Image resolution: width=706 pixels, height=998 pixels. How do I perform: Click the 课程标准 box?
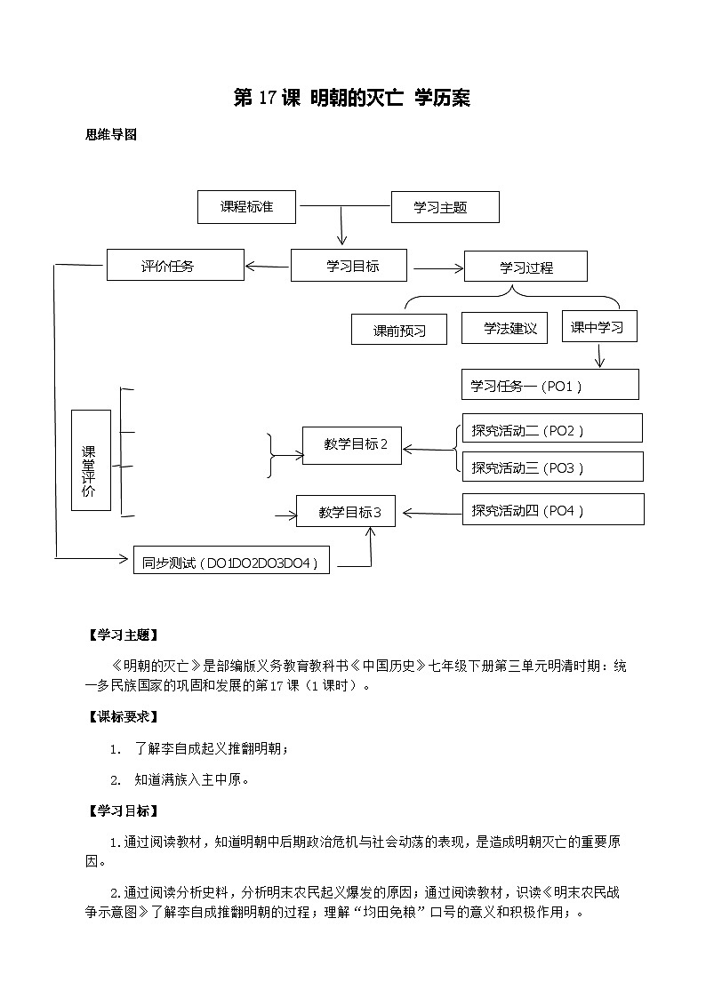(x=246, y=207)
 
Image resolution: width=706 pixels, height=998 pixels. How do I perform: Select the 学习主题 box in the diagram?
(x=445, y=207)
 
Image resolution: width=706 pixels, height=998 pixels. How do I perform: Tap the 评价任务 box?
(x=174, y=265)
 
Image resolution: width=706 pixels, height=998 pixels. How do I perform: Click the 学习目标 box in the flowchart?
(x=349, y=265)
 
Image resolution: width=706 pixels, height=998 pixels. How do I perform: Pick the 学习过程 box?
(x=525, y=267)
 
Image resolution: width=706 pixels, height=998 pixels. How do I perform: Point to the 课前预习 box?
(x=399, y=330)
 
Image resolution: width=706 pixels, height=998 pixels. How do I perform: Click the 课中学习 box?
(x=598, y=326)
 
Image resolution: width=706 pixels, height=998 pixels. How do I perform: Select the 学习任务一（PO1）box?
(x=550, y=385)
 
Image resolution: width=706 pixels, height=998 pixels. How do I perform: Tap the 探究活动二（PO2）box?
(x=552, y=428)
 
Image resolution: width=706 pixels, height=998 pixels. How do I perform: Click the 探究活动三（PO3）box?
(x=552, y=467)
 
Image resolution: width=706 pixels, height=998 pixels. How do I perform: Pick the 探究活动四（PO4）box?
(x=552, y=509)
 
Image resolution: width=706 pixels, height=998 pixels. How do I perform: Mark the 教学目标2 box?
(x=351, y=445)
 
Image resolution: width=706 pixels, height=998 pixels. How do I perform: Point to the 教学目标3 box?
(x=349, y=512)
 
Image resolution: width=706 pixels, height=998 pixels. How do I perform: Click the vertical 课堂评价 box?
(x=91, y=460)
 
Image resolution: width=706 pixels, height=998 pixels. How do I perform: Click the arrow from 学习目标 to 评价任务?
(x=267, y=265)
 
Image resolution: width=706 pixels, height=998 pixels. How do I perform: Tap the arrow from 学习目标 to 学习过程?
(x=436, y=267)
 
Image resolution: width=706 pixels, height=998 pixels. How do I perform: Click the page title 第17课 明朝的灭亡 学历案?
(x=351, y=99)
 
